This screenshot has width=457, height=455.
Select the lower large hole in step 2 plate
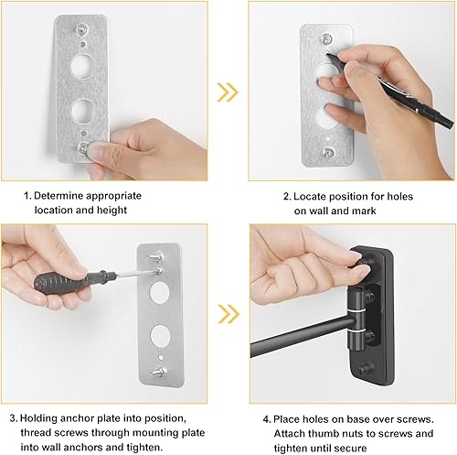point(325,116)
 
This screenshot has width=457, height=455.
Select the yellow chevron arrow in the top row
point(226,92)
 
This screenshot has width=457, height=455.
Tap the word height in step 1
point(143,210)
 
